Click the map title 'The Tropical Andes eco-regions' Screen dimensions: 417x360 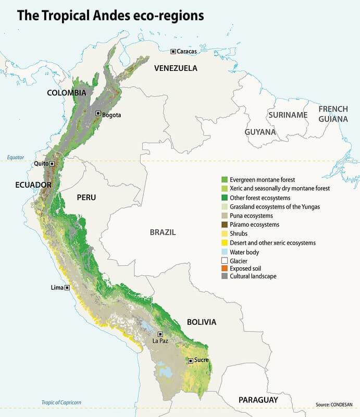110,16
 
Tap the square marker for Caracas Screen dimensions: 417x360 173,51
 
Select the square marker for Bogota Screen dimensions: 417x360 98,114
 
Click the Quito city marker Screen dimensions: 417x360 52,163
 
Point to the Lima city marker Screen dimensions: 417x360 67,287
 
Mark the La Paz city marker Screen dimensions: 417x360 160,334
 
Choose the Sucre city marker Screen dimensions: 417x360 191,360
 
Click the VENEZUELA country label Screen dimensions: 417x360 175,68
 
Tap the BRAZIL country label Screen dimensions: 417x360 163,232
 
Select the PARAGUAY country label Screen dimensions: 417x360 258,400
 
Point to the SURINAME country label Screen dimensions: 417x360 288,115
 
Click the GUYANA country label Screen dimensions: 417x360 260,132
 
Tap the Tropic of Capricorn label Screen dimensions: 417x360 61,402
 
